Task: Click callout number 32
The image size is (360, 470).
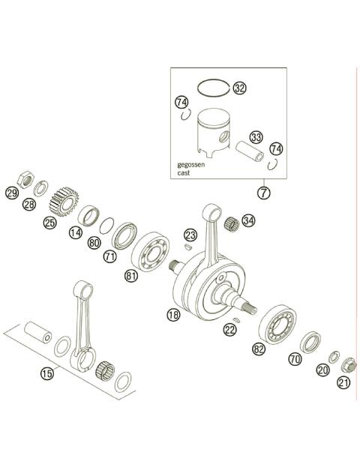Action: [239, 88]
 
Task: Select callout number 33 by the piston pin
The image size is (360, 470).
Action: [257, 137]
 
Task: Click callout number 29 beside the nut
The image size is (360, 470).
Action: [11, 193]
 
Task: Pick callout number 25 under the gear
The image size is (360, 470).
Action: [50, 223]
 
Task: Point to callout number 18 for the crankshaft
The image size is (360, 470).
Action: [173, 316]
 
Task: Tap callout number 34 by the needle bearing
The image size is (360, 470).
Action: [249, 220]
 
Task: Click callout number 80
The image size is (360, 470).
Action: [94, 243]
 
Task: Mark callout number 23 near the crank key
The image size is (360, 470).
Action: [190, 235]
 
